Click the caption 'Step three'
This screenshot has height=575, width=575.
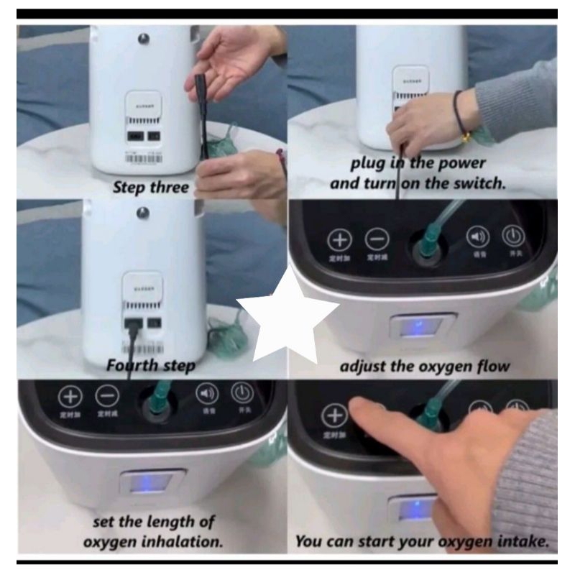[150, 188]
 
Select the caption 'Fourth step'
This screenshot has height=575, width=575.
[150, 365]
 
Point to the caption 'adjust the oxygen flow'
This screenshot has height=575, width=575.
[424, 366]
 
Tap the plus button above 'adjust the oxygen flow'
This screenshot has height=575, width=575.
[340, 239]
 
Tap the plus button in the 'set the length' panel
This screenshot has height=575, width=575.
[70, 396]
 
